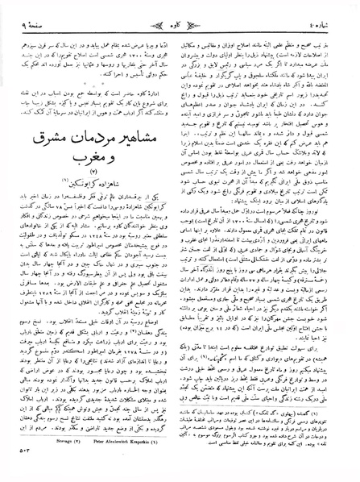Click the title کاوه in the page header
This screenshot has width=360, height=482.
click(x=180, y=12)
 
